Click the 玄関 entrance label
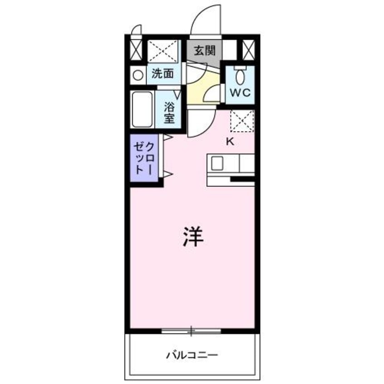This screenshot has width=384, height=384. [x=204, y=50]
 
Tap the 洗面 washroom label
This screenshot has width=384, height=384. [x=162, y=74]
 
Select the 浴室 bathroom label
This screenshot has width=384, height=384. [x=169, y=113]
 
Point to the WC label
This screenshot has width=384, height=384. [x=240, y=93]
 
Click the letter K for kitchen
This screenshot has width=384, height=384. [x=230, y=142]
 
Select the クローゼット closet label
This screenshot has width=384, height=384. [x=144, y=158]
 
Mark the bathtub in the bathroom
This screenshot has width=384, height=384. [x=143, y=109]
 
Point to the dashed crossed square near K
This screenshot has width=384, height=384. [x=242, y=121]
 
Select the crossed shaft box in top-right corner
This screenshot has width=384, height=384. [x=248, y=50]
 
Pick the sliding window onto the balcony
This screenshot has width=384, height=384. [x=191, y=330]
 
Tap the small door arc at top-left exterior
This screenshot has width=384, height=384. [x=136, y=30]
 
